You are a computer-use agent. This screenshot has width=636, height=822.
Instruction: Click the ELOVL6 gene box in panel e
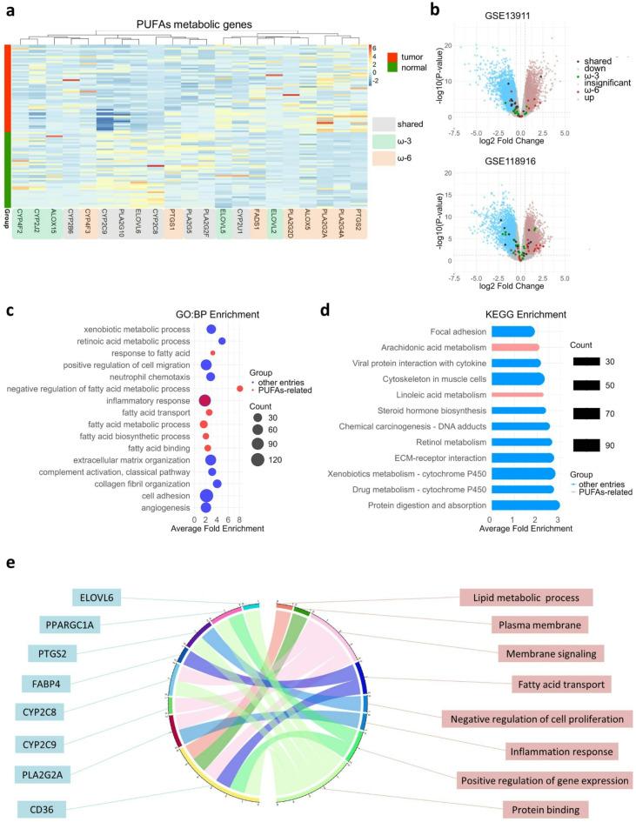point(101,598)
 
